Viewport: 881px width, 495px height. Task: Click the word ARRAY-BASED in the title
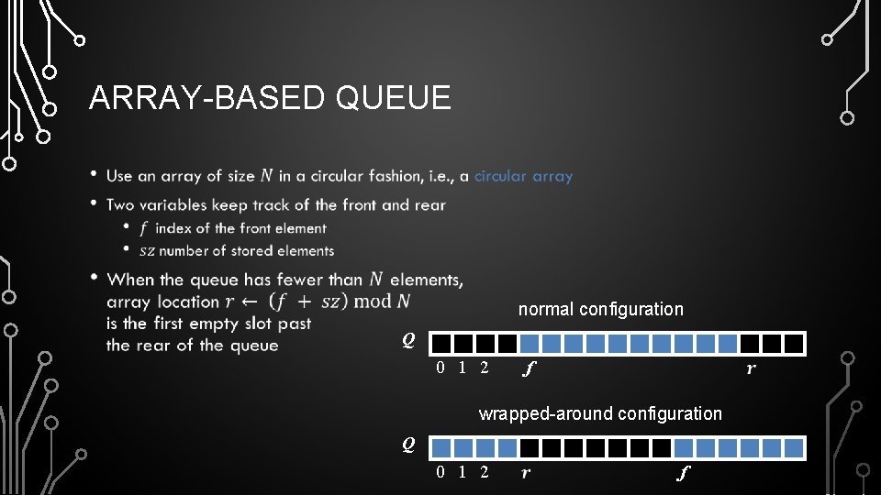[207, 97]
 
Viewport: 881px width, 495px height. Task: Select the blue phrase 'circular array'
[523, 176]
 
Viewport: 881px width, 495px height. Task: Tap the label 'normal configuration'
[600, 309]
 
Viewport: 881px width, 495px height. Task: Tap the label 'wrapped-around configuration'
[600, 413]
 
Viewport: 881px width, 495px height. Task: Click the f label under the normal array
[529, 369]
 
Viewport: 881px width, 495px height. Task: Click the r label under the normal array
[752, 369]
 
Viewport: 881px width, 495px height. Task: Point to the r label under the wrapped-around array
[526, 474]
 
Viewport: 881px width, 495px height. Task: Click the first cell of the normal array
[441, 344]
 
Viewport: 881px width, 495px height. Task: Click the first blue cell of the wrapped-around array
[441, 448]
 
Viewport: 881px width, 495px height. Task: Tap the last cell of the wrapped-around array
[795, 448]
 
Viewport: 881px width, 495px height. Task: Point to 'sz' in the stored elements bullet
[147, 250]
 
